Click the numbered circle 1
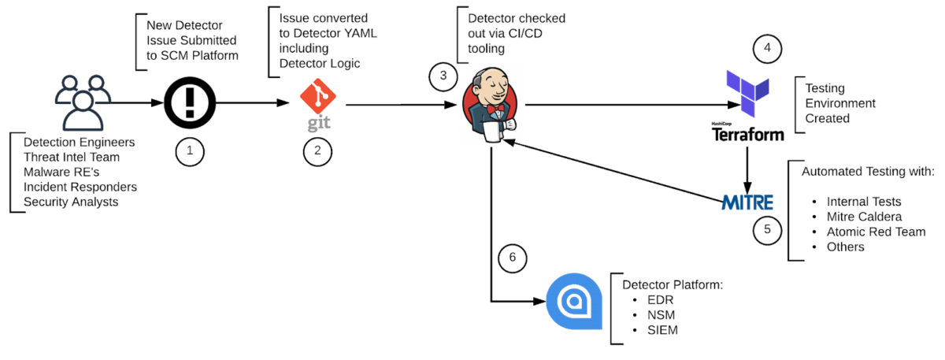190,151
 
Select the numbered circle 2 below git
317,151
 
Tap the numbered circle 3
443,76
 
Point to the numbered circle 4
767,48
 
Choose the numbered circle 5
767,230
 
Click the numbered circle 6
512,258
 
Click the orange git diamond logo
317,98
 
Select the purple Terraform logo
746,92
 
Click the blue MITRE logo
747,202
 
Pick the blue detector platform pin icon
574,301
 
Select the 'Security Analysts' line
70,202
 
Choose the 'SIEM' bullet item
661,330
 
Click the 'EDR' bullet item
659,300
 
